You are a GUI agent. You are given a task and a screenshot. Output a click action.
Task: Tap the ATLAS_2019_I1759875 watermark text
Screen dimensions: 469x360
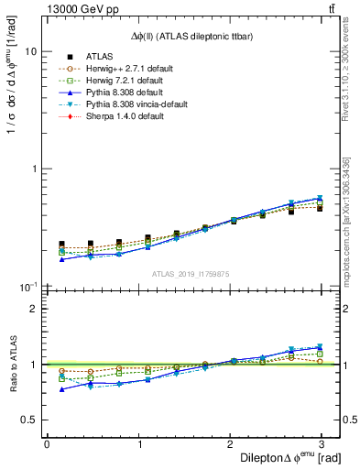click(x=191, y=273)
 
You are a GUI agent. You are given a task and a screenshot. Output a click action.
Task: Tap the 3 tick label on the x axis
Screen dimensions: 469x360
click(x=325, y=442)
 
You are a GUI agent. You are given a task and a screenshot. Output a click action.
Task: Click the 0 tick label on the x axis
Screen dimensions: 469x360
click(x=47, y=442)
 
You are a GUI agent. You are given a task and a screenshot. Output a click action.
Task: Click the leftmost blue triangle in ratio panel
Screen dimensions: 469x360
click(x=61, y=389)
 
